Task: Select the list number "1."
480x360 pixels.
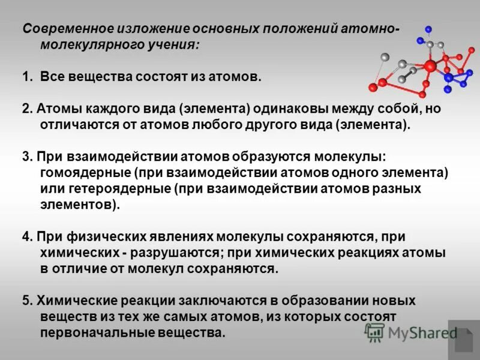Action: [28, 77]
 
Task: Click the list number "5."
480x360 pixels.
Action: [28, 301]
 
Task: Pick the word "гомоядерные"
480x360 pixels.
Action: [85, 173]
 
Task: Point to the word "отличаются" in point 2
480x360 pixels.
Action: [74, 125]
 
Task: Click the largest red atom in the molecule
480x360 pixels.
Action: [429, 67]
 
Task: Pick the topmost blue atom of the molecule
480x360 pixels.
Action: [428, 29]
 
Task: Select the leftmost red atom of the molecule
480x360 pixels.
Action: [373, 87]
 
